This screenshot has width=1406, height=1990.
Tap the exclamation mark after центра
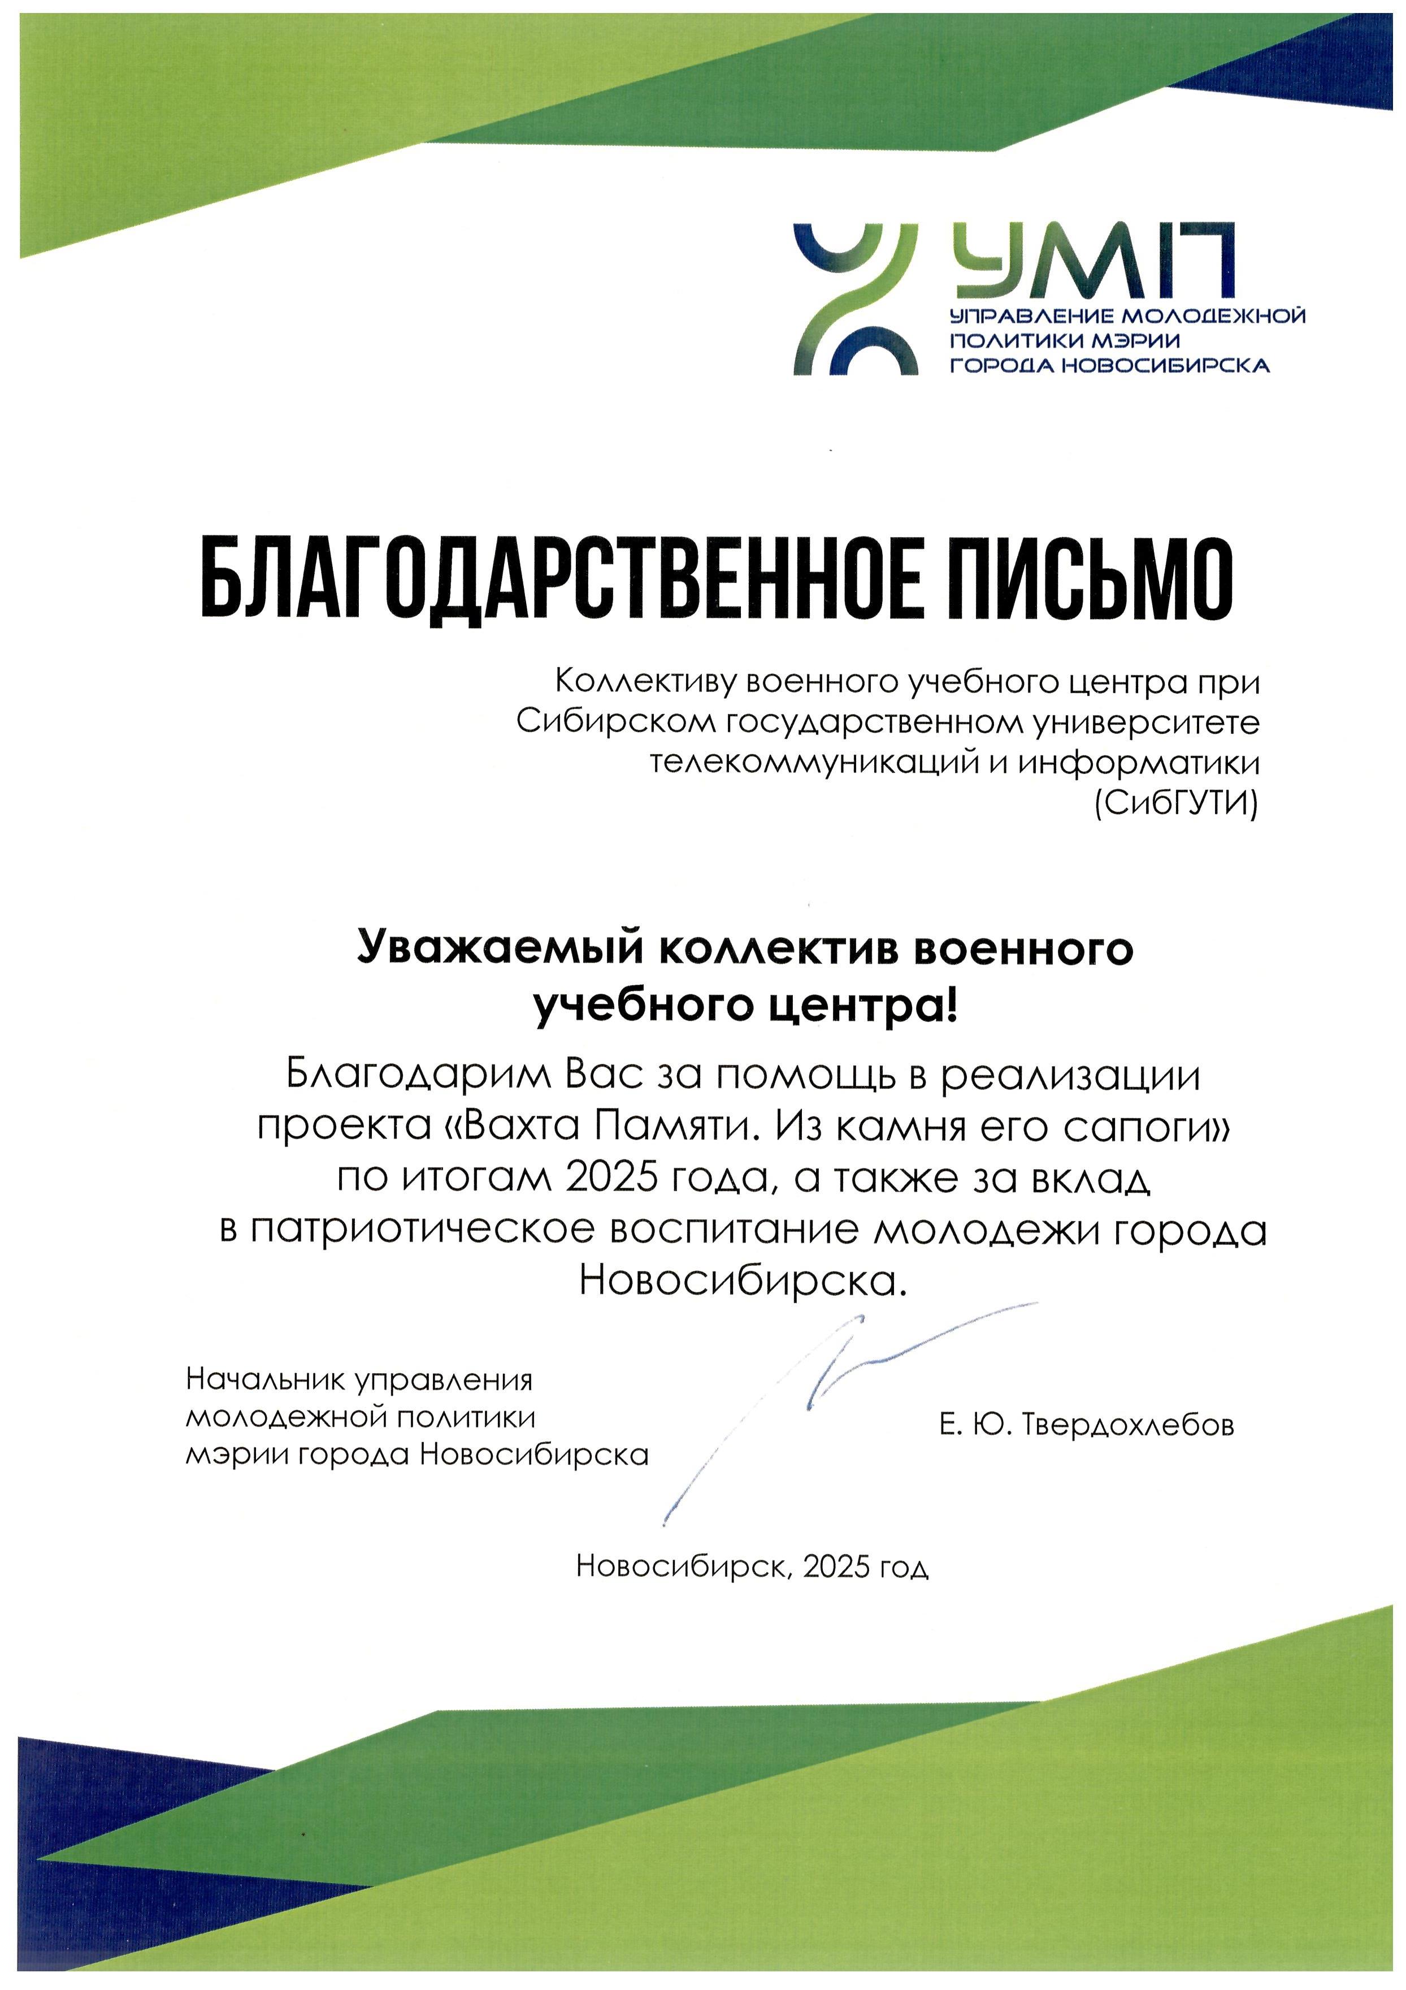click(953, 1005)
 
